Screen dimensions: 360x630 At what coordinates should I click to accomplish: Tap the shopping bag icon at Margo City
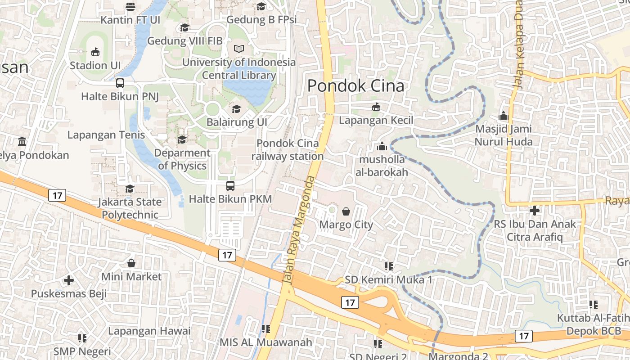pos(346,211)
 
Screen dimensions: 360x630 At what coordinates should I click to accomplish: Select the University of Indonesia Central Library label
pos(239,69)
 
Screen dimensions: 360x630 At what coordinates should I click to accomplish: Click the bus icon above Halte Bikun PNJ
pos(120,83)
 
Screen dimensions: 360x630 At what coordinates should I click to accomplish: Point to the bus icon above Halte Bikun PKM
pos(230,185)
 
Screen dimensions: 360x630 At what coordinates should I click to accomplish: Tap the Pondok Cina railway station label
pos(288,150)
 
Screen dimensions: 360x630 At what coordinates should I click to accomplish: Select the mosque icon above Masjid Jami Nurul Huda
pos(504,116)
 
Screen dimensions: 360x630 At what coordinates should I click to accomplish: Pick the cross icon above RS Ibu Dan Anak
pos(535,210)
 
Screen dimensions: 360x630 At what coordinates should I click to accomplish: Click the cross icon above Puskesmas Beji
pos(68,280)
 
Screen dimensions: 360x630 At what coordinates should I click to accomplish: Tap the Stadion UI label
pos(95,65)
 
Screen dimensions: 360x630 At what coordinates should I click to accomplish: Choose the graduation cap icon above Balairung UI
pos(236,109)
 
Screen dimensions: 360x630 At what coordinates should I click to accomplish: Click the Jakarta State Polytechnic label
pos(130,208)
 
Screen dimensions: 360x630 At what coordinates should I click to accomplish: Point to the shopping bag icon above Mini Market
pos(131,263)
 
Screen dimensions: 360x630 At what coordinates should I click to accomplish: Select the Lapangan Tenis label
pos(106,135)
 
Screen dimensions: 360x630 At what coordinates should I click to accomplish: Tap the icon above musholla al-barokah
pos(382,146)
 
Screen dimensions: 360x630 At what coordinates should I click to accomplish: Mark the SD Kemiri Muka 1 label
pos(389,280)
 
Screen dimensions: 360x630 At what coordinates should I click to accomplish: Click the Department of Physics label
pos(182,159)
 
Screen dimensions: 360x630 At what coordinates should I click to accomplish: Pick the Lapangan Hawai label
pos(149,331)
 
